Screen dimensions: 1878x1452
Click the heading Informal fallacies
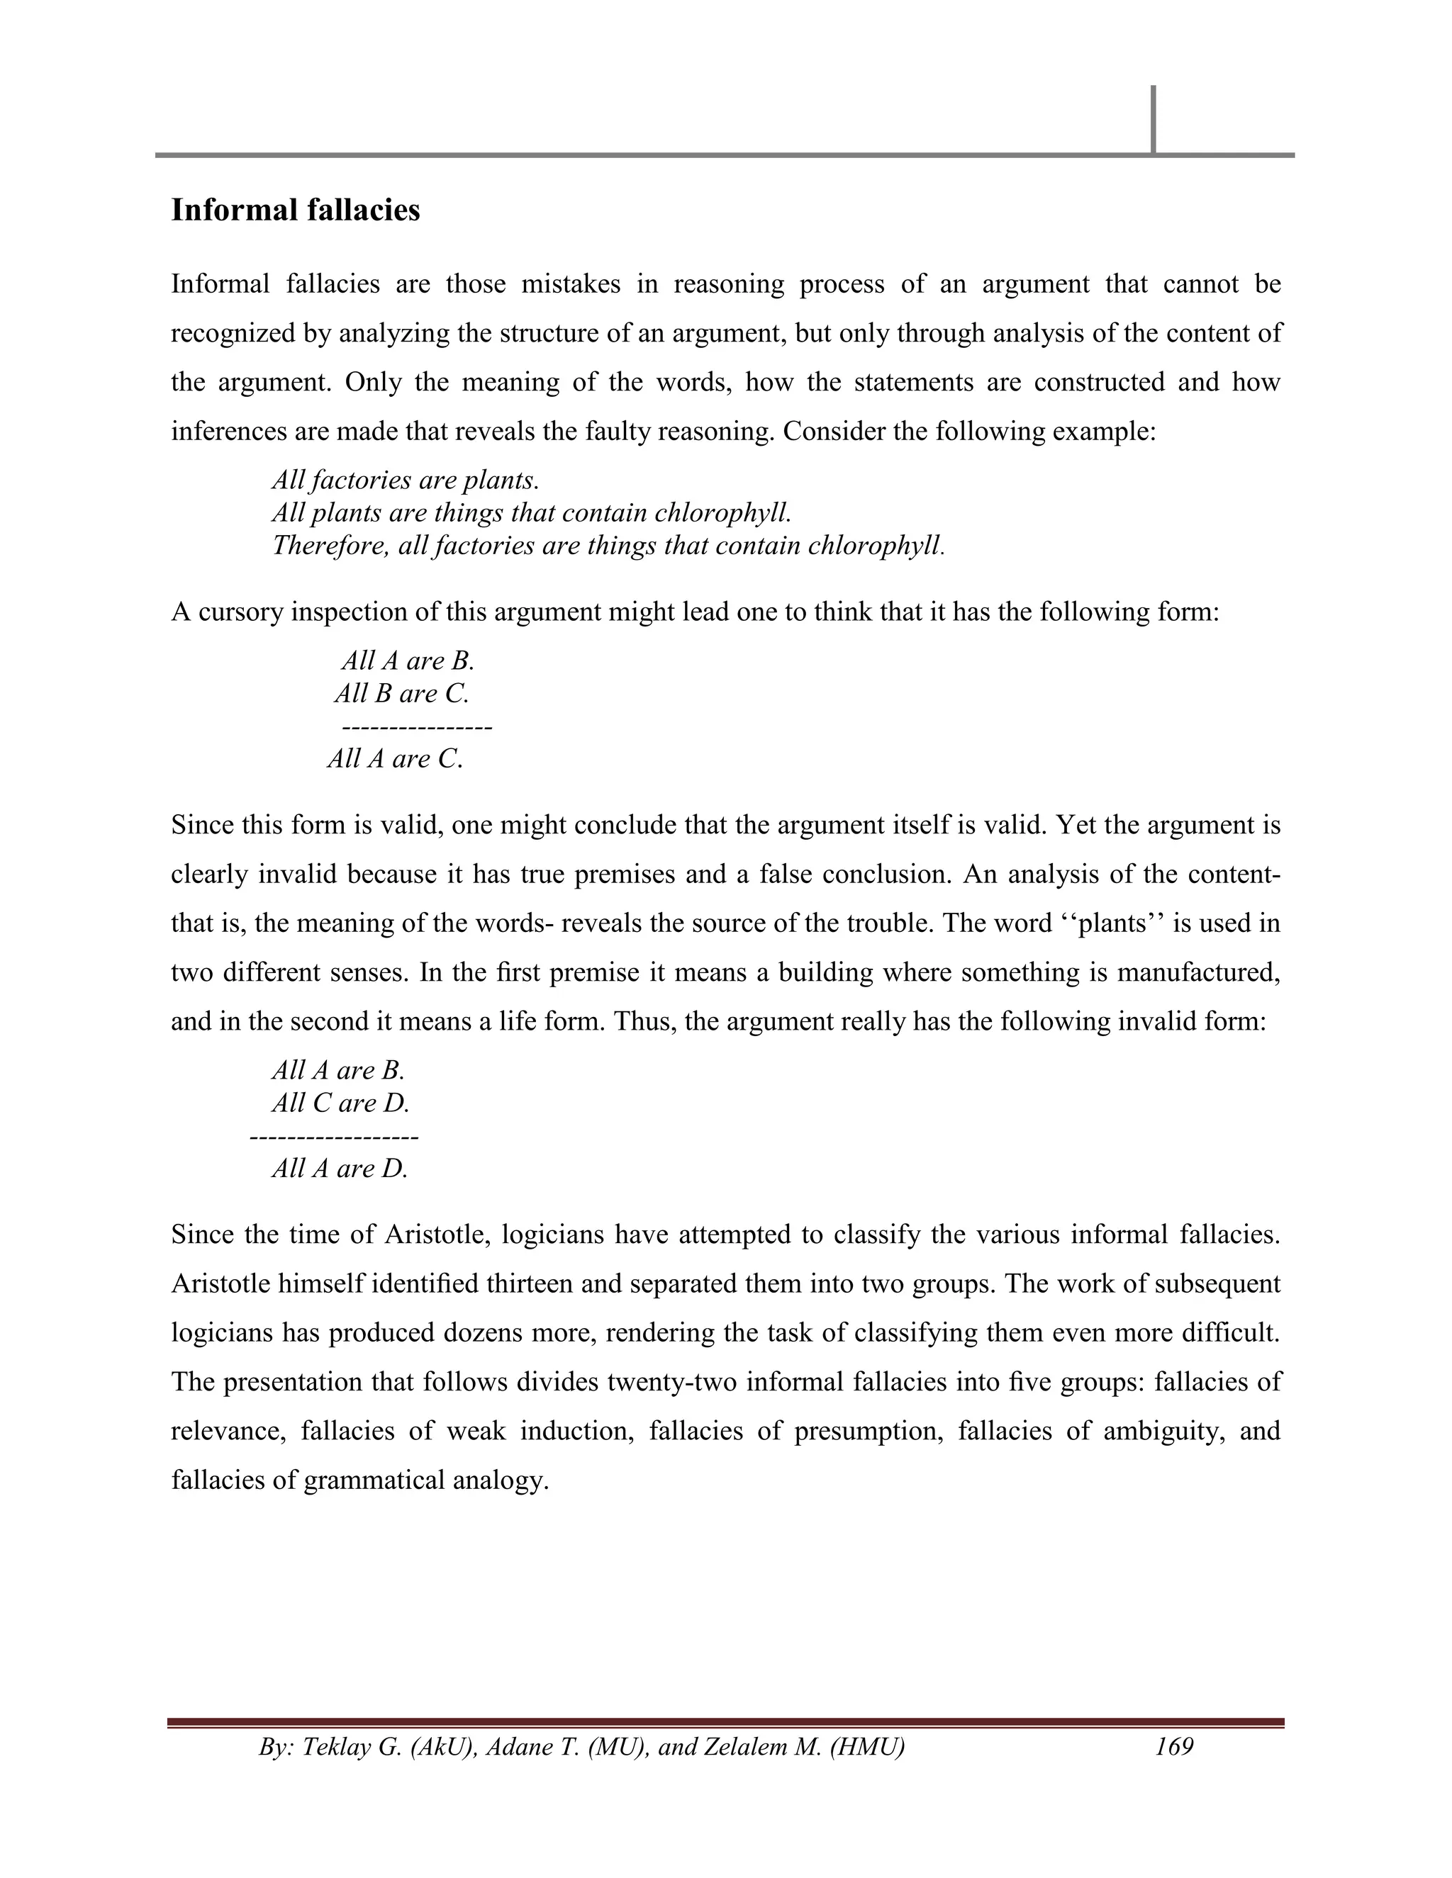click(295, 210)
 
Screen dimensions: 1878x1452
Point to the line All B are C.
click(402, 693)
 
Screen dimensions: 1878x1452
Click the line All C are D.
click(340, 1103)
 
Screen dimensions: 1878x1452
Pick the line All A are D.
click(340, 1168)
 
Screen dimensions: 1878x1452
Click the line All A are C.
click(395, 758)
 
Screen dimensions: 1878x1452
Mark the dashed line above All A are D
click(334, 1137)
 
